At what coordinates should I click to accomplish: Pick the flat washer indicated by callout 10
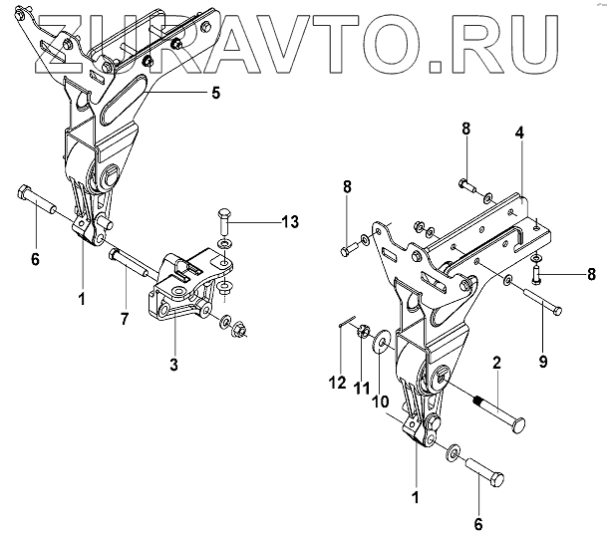point(384,348)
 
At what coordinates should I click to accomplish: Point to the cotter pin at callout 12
point(345,321)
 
